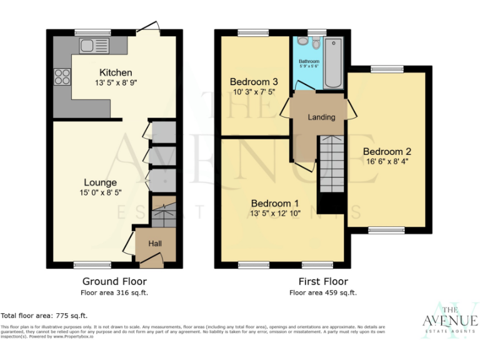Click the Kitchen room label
coord(115,72)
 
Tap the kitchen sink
coord(87,45)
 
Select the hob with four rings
coord(62,77)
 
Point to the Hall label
coord(155,244)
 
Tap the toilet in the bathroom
coord(303,41)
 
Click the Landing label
coord(321,117)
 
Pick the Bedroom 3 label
coord(253,82)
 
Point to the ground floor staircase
coord(164,212)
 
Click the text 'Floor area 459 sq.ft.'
coord(322,292)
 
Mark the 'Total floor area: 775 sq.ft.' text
coord(44,316)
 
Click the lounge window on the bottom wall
coord(92,265)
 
